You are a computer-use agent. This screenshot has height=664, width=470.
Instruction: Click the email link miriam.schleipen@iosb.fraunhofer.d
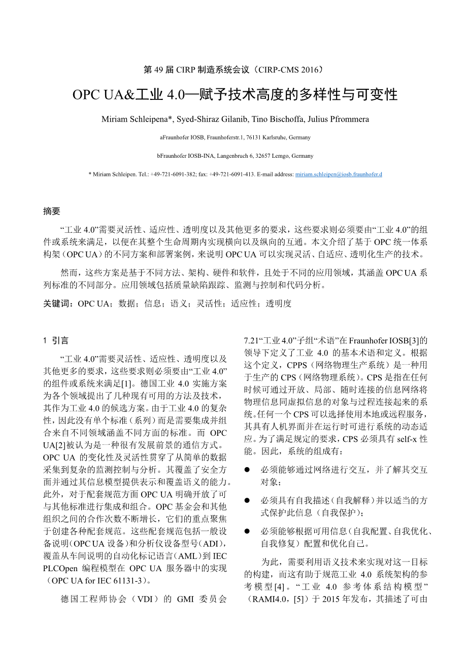339,174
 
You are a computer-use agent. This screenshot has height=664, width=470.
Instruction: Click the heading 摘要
52,211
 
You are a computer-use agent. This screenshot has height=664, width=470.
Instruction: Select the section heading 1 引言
56,340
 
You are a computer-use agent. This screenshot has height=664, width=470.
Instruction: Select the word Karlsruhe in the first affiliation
274,137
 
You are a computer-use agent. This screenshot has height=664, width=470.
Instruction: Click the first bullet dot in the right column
247,470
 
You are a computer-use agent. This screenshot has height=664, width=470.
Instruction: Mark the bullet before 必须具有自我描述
247,501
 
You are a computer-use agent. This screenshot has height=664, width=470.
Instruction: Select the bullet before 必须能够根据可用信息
247,532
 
